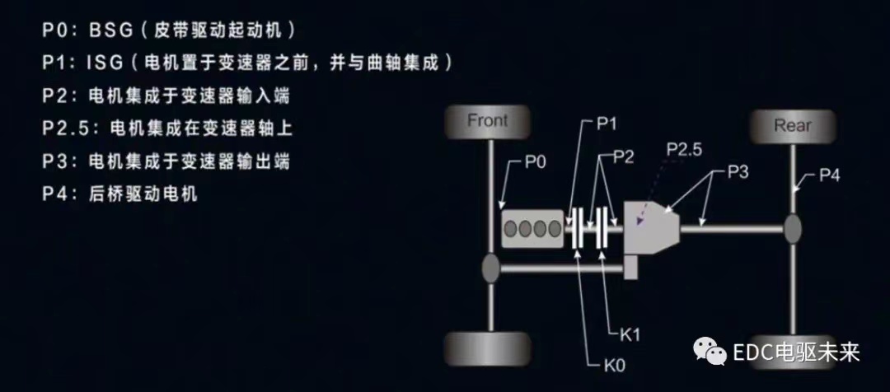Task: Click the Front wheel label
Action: (x=488, y=121)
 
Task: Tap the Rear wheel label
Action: (x=793, y=125)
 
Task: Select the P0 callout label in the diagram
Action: (x=536, y=163)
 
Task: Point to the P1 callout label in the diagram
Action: (x=607, y=124)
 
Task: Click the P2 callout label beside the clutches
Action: (x=624, y=158)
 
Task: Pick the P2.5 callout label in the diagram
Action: (x=685, y=150)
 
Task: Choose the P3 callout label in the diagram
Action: (x=738, y=172)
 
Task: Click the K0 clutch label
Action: (x=614, y=366)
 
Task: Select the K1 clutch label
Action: (x=630, y=334)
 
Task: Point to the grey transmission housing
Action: (x=652, y=229)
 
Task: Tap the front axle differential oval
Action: (x=490, y=268)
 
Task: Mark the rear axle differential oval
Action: (x=793, y=229)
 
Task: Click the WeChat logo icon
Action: (x=709, y=352)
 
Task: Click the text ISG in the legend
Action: (x=105, y=63)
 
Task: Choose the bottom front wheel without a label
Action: (x=488, y=349)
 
